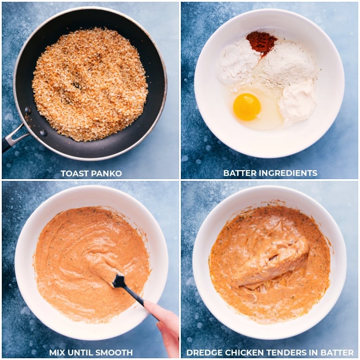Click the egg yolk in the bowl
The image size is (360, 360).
point(247,107)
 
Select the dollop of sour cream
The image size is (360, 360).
point(297,102)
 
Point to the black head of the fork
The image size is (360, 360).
point(119,281)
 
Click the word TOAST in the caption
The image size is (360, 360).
point(75,173)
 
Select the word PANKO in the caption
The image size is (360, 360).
point(107,173)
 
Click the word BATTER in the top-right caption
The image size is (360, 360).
point(238,173)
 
